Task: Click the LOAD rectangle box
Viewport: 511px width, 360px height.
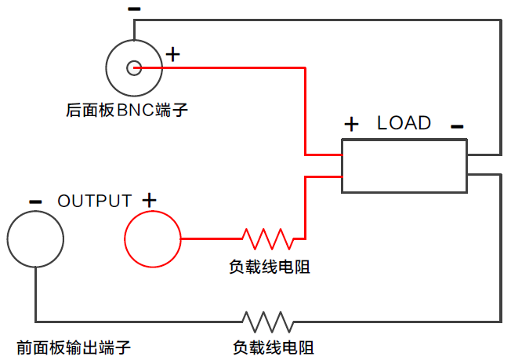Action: (x=404, y=165)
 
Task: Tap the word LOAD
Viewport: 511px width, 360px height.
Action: (x=404, y=123)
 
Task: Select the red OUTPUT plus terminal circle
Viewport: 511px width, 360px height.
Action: (x=153, y=239)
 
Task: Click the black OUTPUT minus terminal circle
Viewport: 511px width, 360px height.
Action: (x=35, y=239)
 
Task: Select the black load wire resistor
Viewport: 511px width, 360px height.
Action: (x=268, y=321)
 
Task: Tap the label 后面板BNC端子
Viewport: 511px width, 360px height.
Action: (x=127, y=110)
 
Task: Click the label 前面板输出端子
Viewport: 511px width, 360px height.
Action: (x=73, y=347)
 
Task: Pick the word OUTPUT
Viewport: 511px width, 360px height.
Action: (x=94, y=201)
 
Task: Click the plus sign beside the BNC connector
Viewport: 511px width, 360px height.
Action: (x=173, y=54)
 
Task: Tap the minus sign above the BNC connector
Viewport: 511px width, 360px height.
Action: (x=134, y=9)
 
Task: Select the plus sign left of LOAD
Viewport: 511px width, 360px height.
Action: (x=352, y=124)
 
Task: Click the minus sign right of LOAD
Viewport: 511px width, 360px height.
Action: (x=457, y=125)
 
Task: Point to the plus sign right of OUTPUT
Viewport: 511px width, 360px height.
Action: (x=149, y=200)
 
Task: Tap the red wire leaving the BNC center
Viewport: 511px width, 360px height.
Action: (x=235, y=68)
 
